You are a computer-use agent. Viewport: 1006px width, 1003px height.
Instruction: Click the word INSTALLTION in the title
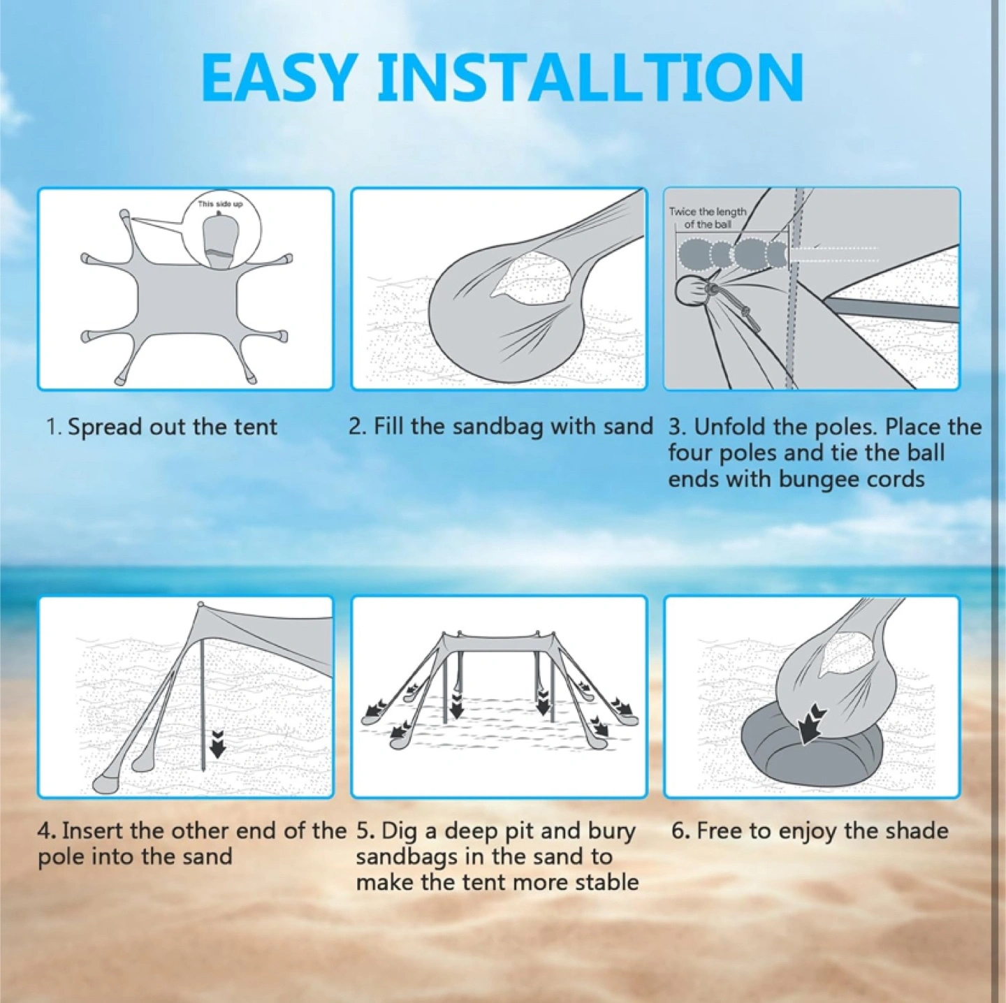590,78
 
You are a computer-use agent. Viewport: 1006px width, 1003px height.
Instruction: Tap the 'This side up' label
220,203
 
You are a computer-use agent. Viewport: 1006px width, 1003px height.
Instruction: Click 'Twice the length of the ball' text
707,218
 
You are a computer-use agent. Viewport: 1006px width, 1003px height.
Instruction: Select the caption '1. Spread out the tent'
162,427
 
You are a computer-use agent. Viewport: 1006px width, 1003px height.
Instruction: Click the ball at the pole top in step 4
201,604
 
